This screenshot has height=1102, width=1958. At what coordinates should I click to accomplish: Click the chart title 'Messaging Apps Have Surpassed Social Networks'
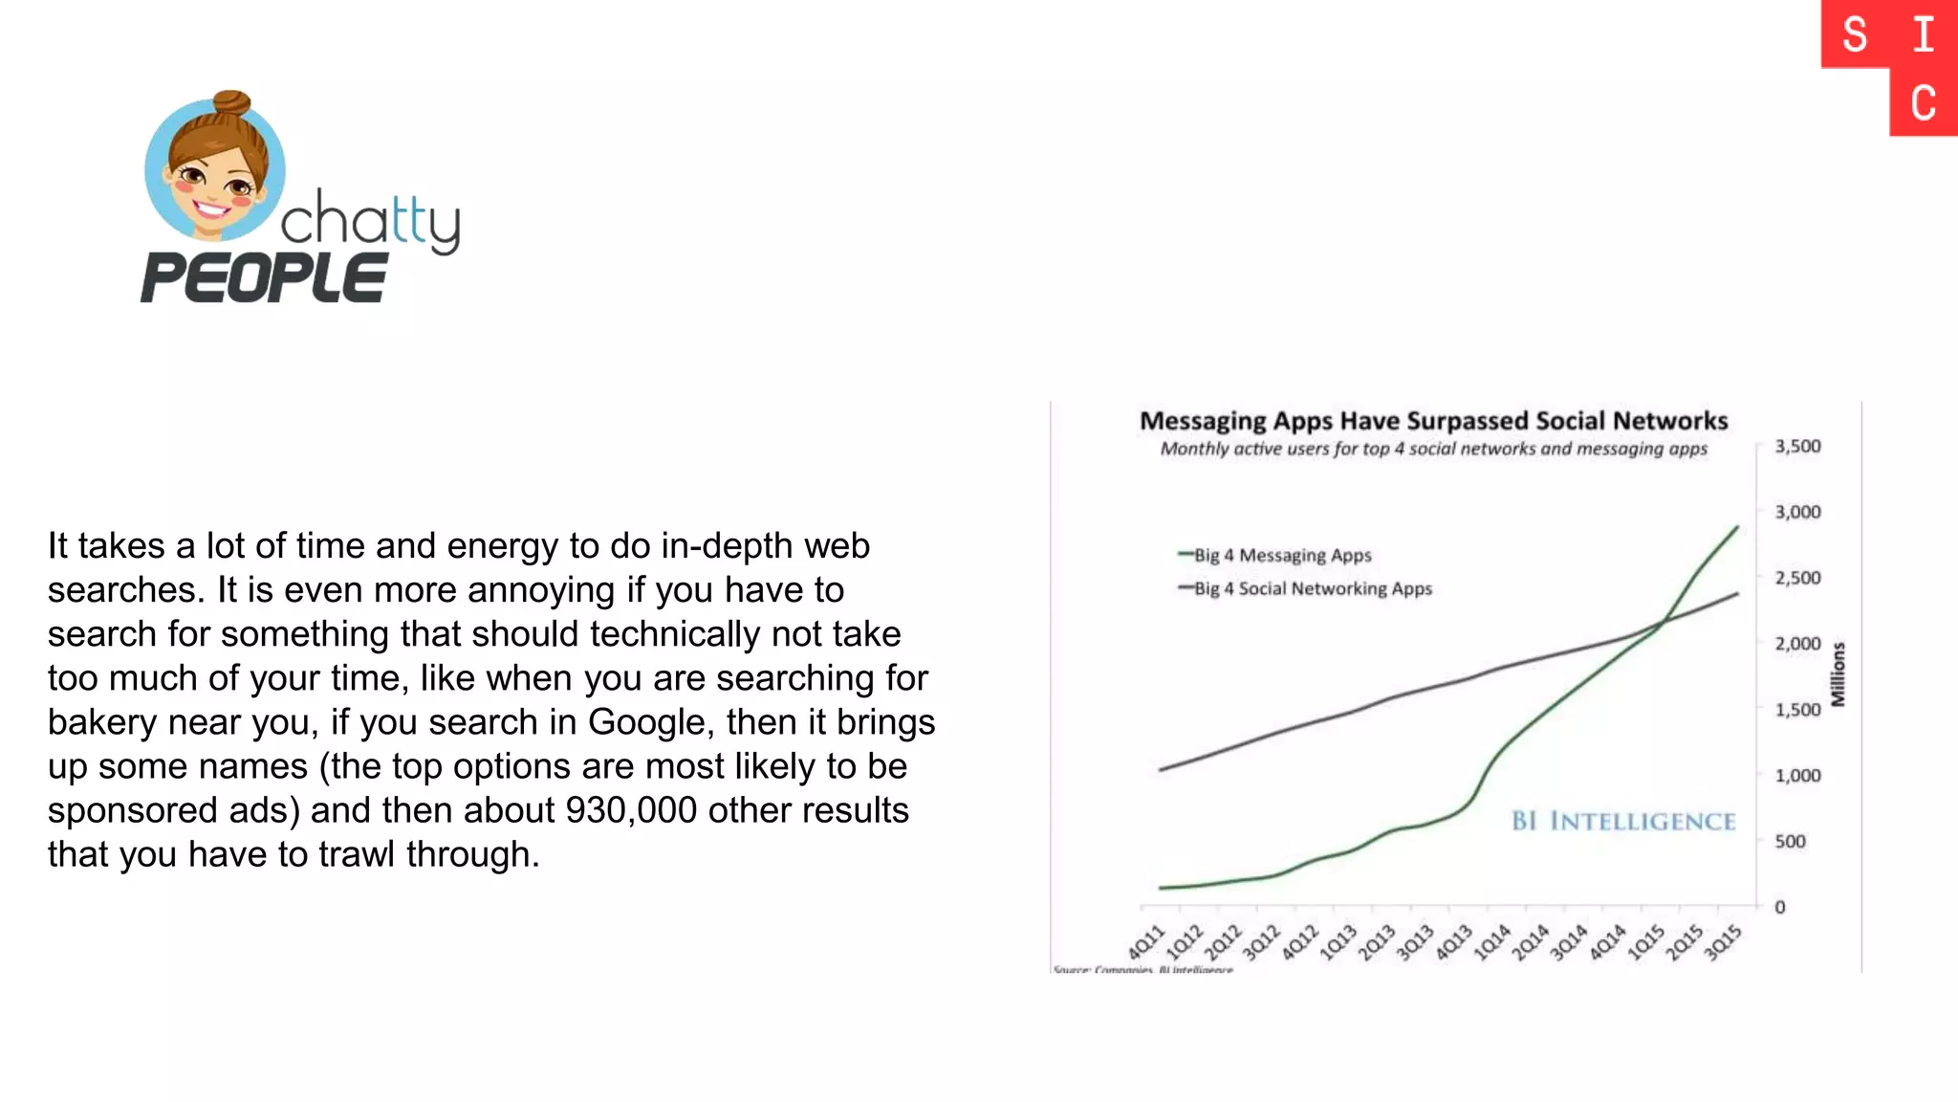[x=1433, y=421]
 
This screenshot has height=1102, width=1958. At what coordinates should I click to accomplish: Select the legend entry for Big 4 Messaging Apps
[x=1281, y=555]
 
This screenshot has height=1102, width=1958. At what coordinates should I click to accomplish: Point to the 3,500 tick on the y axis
[x=1797, y=447]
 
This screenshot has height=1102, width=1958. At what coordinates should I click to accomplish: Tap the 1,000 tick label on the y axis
[x=1797, y=776]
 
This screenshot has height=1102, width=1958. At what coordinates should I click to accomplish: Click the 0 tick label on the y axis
[x=1780, y=907]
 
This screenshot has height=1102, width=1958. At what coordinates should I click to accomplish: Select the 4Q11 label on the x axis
[x=1146, y=942]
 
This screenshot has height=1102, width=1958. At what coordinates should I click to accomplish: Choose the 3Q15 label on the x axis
[x=1723, y=942]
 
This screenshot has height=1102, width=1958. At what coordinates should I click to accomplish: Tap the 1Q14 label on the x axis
[x=1492, y=942]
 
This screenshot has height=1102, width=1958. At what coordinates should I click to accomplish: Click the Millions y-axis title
[x=1838, y=674]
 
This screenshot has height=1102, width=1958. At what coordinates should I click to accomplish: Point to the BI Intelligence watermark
[x=1623, y=821]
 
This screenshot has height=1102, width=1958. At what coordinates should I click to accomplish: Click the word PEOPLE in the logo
[x=265, y=278]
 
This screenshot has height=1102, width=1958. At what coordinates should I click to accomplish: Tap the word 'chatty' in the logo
[x=371, y=221]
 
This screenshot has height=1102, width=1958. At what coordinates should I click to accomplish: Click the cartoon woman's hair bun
[x=231, y=101]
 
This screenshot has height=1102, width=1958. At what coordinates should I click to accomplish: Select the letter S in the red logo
[x=1855, y=35]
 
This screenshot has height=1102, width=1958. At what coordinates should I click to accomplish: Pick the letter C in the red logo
[x=1924, y=103]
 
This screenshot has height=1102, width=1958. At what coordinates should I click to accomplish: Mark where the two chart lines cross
[x=1664, y=623]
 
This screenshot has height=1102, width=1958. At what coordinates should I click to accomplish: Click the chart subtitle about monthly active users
[x=1433, y=450]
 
